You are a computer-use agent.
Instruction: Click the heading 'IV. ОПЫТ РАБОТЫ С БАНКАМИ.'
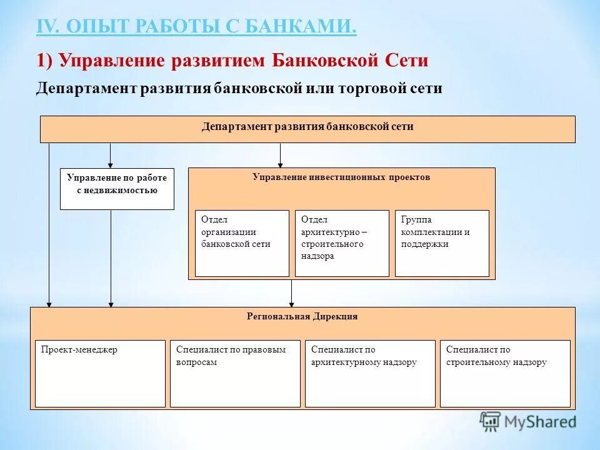[196, 27]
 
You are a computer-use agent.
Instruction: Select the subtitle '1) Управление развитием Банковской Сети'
[232, 61]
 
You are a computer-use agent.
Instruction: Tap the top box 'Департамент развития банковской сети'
[307, 129]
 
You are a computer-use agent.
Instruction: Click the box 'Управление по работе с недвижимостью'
[117, 188]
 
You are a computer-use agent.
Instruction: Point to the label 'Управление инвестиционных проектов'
[341, 177]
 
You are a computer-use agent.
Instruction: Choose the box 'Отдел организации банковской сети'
[242, 242]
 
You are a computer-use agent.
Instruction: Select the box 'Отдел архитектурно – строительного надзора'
[341, 242]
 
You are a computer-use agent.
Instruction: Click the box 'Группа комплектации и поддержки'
[442, 242]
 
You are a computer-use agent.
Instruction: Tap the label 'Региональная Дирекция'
[302, 317]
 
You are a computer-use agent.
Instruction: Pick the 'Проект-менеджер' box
[100, 373]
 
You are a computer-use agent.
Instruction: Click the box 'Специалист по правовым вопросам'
[235, 373]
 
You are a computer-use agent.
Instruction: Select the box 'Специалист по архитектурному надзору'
[370, 373]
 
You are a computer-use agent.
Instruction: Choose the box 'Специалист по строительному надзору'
[505, 373]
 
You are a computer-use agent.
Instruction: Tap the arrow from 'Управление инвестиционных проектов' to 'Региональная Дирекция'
[291, 293]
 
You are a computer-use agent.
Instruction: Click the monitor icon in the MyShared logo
[490, 421]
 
